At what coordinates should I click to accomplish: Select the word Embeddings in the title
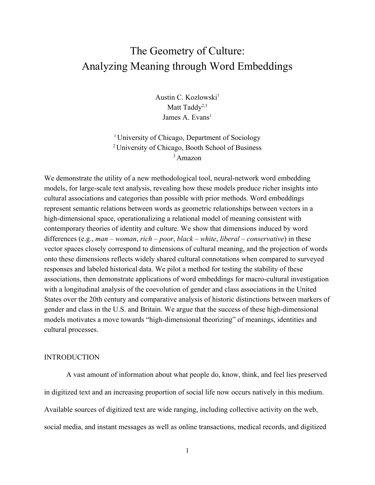coord(265,66)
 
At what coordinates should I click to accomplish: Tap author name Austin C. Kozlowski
coord(186,98)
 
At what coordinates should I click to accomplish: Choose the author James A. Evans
coord(186,118)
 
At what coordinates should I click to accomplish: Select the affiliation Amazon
coord(189,158)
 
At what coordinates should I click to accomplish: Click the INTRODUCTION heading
coord(72,357)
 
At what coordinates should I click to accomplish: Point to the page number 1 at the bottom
coord(187,451)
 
